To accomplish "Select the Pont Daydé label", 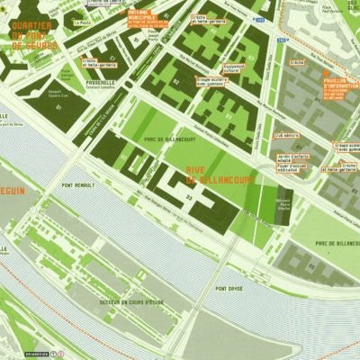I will [x=229, y=288].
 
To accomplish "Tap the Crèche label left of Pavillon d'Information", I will [x=295, y=62].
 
